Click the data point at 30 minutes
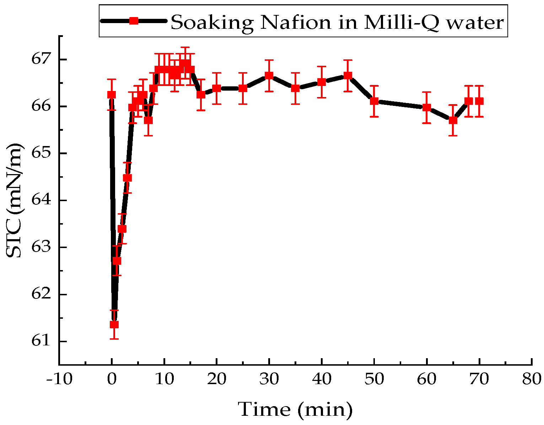click(x=269, y=75)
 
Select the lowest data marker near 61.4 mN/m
click(x=114, y=324)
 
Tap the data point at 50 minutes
click(x=374, y=101)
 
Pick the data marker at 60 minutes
click(x=426, y=107)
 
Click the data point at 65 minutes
click(x=453, y=120)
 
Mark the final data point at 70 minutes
click(x=479, y=101)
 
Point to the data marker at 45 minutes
click(x=348, y=75)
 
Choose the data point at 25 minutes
click(x=243, y=88)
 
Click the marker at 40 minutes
click(x=322, y=82)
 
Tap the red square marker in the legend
click(x=134, y=21)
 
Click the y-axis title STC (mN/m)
click(x=14, y=200)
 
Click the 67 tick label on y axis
click(x=40, y=59)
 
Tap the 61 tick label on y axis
click(x=40, y=341)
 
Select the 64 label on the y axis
click(x=40, y=200)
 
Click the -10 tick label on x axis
click(x=59, y=380)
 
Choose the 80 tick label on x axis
click(x=531, y=380)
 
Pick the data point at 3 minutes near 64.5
click(x=127, y=178)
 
